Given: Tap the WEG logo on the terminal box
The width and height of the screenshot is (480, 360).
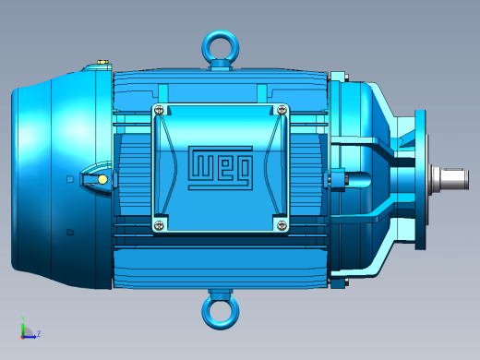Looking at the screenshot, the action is click(x=221, y=168).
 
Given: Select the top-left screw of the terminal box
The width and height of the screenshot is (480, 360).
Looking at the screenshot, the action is click(x=159, y=110).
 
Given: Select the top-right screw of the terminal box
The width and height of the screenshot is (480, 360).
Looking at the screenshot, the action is click(x=282, y=110).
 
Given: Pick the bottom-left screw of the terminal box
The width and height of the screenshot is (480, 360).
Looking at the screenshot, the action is click(x=159, y=225).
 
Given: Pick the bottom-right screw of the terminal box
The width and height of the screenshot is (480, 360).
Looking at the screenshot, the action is click(x=282, y=225).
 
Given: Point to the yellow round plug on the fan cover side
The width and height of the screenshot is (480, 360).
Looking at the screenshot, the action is click(x=102, y=179).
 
